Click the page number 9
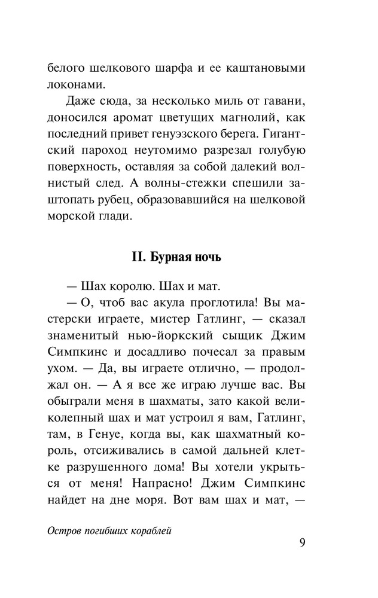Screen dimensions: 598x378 pyautogui.click(x=302, y=543)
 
